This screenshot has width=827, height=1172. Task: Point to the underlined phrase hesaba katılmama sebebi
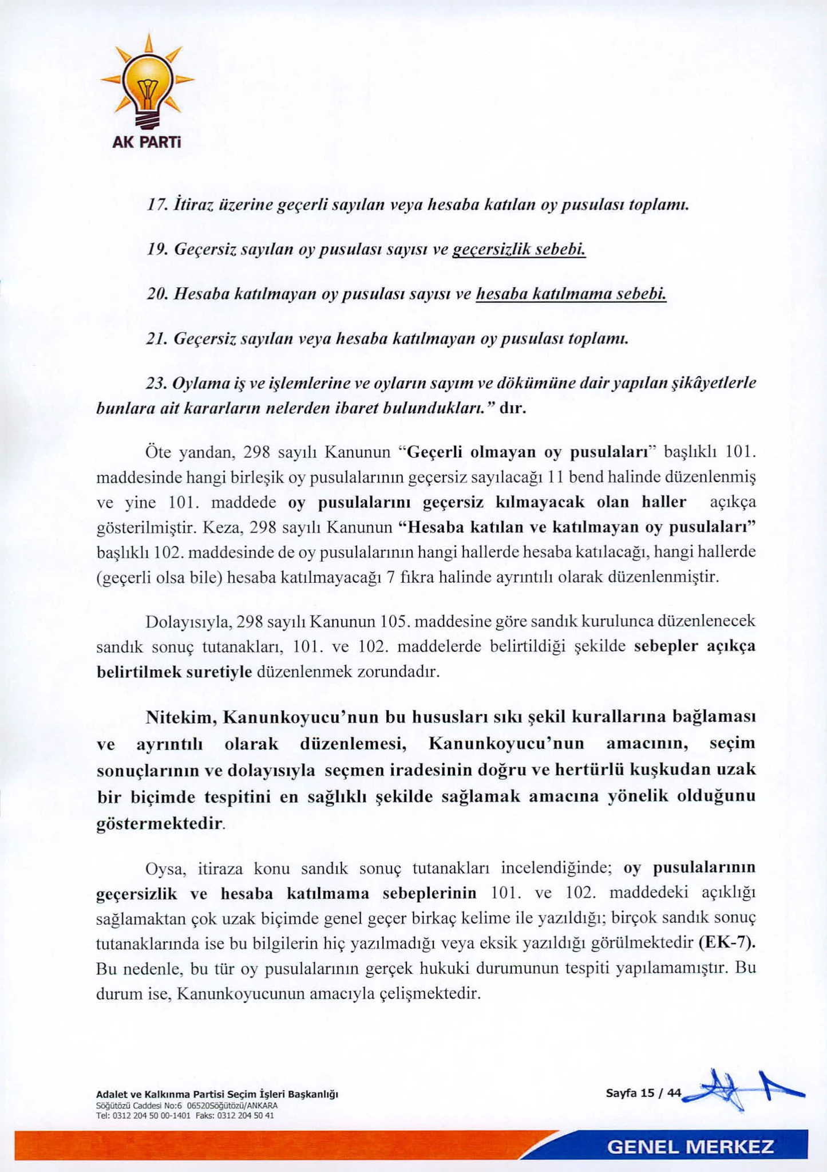pos(571,294)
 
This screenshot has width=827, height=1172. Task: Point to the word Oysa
pos(164,869)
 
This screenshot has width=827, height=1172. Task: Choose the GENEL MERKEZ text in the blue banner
pos(690,1147)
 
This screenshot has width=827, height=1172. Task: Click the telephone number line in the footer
pos(185,1115)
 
